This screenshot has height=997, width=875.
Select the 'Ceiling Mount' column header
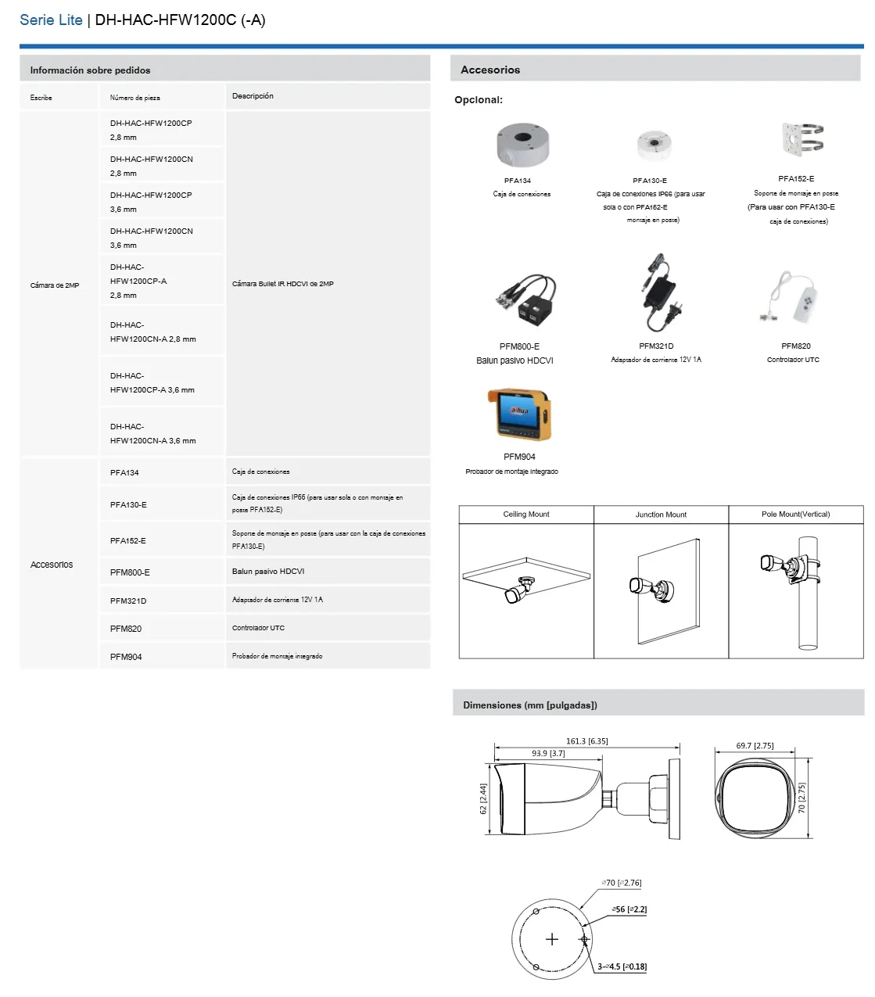pyautogui.click(x=526, y=515)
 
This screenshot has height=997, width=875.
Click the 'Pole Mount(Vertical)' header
pyautogui.click(x=795, y=515)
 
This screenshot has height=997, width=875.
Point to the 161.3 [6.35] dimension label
pyautogui.click(x=586, y=741)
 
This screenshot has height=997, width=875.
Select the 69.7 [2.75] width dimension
pyautogui.click(x=755, y=746)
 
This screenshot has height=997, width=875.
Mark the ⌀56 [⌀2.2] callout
pyautogui.click(x=629, y=909)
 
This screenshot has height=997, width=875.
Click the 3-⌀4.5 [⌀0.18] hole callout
pyautogui.click(x=622, y=967)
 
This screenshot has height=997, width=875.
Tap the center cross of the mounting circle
pyautogui.click(x=552, y=939)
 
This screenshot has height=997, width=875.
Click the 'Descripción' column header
pyautogui.click(x=253, y=96)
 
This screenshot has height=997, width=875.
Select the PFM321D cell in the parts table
pyautogui.click(x=128, y=601)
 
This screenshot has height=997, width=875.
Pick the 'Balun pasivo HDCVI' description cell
pyautogui.click(x=268, y=572)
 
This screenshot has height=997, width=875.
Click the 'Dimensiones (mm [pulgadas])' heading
pyautogui.click(x=529, y=705)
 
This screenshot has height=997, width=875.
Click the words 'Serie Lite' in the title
pyautogui.click(x=51, y=20)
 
